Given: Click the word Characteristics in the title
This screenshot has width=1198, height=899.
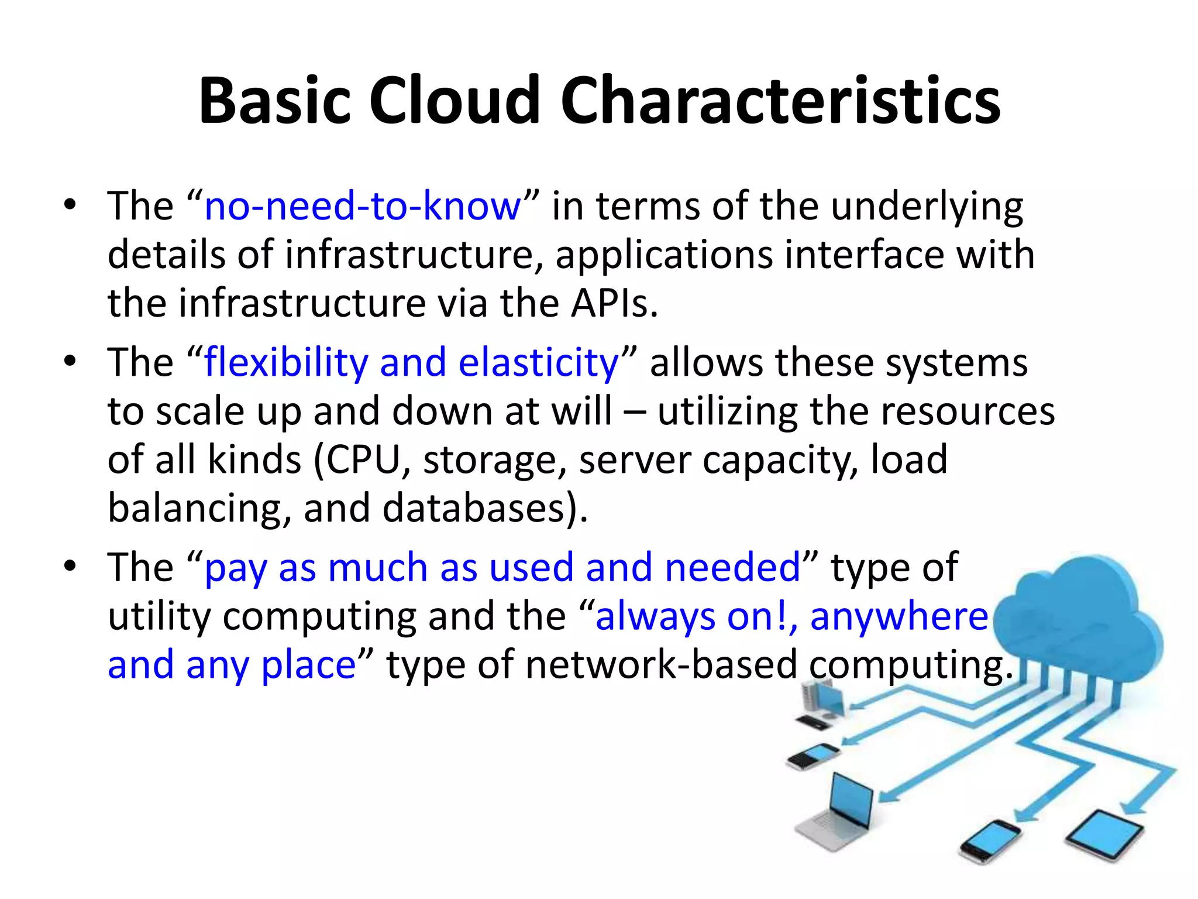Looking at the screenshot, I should (x=780, y=101).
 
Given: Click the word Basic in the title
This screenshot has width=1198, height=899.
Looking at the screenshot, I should (x=275, y=101).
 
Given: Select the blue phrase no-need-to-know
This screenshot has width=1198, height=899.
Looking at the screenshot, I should (x=362, y=207).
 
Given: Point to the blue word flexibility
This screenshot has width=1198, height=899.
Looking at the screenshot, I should (x=285, y=362).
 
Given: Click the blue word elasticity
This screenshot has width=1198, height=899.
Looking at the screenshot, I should (x=538, y=362).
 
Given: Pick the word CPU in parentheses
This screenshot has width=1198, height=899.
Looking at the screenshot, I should (x=363, y=460).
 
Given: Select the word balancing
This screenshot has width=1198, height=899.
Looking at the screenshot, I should (x=199, y=508).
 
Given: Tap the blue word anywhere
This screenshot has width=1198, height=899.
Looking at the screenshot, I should (x=899, y=616).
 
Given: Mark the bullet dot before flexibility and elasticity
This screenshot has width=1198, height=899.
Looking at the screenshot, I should (x=70, y=361).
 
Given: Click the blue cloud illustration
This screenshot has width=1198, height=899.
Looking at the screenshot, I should (x=1082, y=620).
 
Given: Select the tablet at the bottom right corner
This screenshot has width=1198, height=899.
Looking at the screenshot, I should (x=1103, y=834).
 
